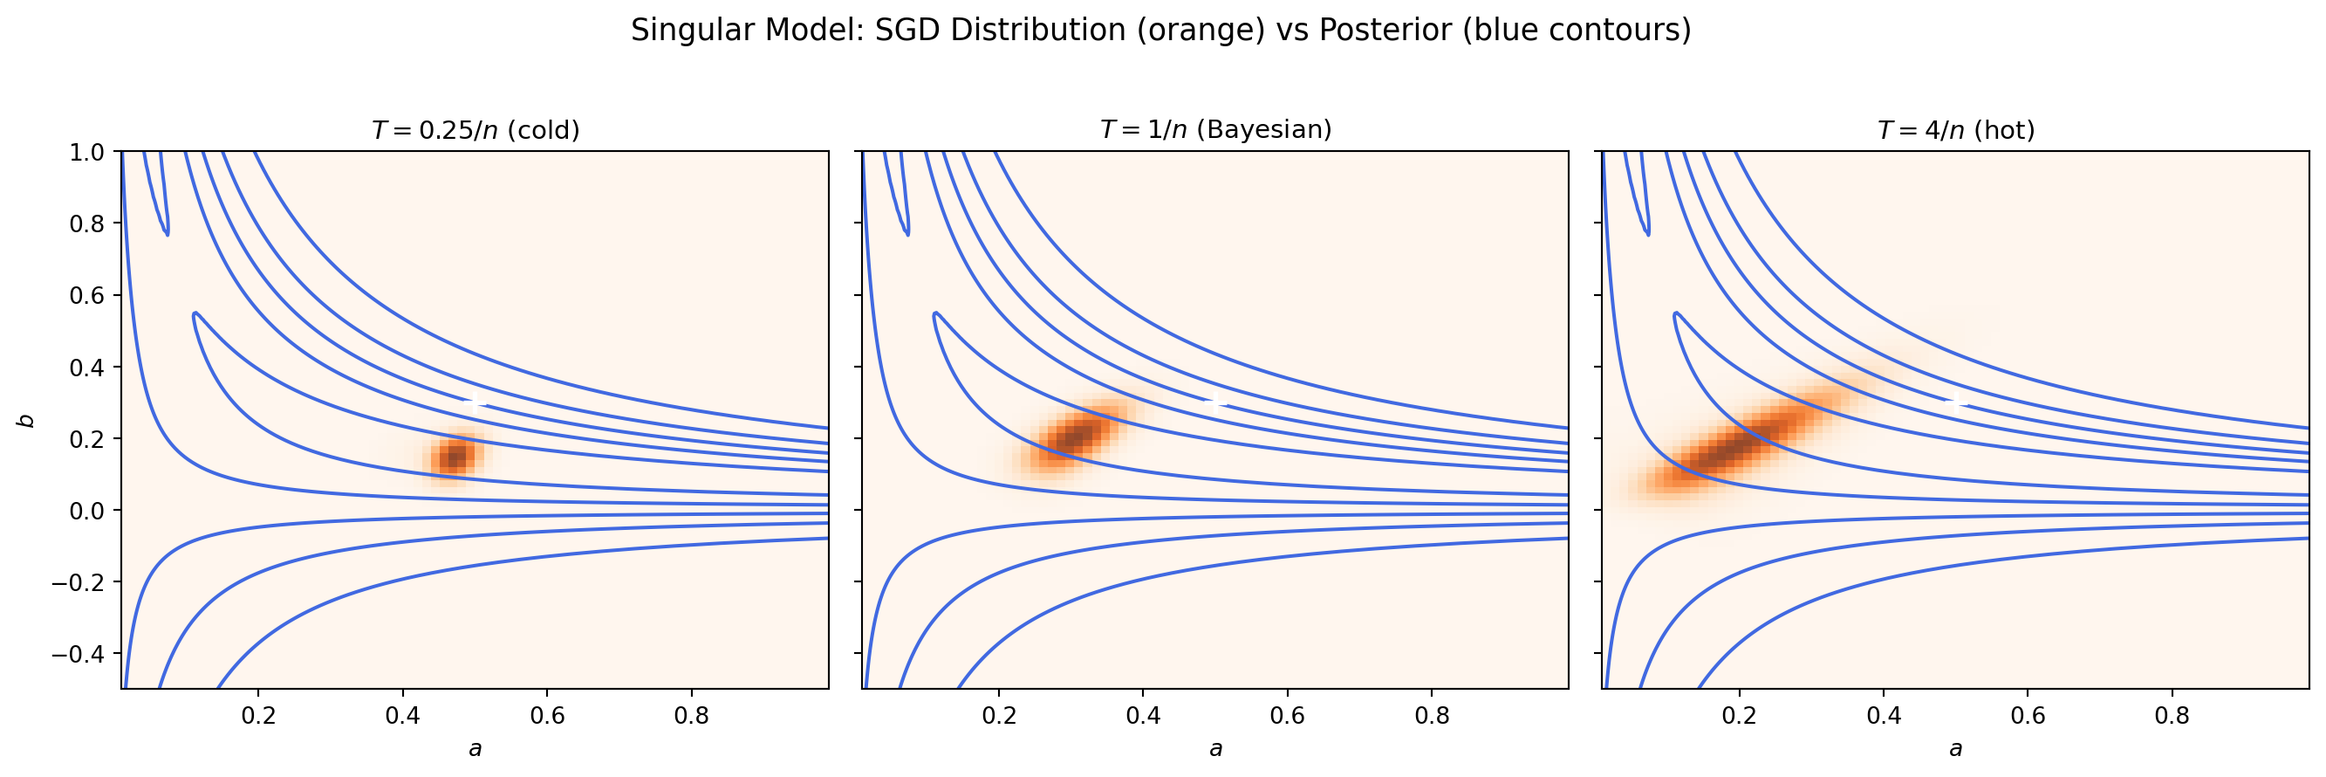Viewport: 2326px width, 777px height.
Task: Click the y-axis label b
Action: coord(27,420)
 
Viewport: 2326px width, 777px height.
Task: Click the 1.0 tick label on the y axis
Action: coord(86,152)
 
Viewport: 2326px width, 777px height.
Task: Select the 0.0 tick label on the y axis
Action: coord(86,511)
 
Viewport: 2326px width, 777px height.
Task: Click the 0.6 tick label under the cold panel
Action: coord(547,717)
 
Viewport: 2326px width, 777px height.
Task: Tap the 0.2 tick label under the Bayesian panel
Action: coord(999,717)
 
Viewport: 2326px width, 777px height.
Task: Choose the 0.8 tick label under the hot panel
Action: coord(2172,717)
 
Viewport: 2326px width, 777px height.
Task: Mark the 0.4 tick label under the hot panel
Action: coord(1884,717)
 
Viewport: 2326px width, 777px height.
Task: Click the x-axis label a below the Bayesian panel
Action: coord(1215,749)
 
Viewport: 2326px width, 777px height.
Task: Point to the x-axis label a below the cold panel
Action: coord(475,749)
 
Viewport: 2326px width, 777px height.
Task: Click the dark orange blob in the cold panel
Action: coord(455,457)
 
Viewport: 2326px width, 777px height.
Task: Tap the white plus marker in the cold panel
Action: coord(475,403)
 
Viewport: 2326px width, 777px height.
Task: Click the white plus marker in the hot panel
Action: coord(1956,403)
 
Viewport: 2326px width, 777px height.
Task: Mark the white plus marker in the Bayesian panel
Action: coord(1215,403)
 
